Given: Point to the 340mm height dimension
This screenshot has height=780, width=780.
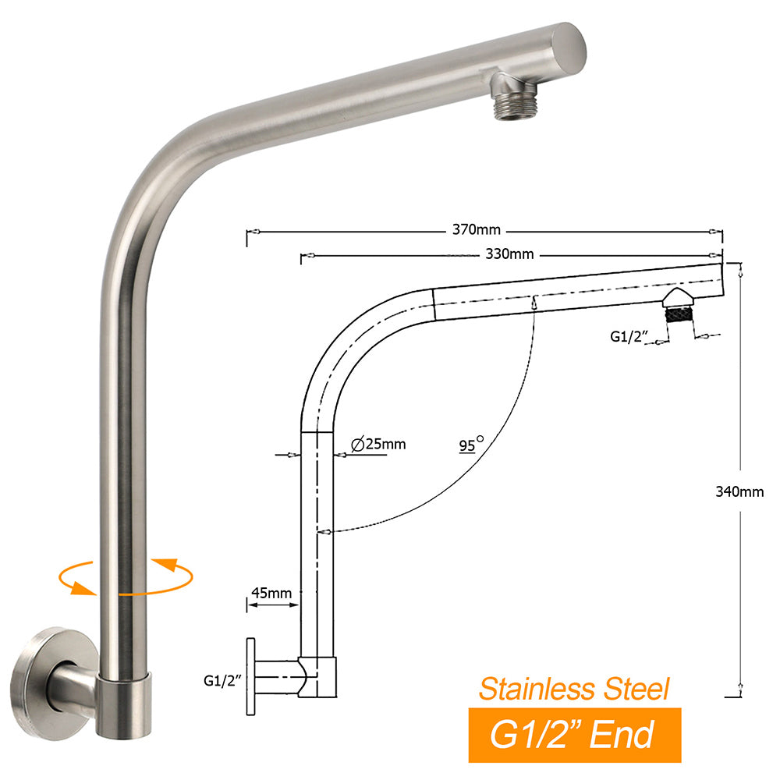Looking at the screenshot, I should [739, 491].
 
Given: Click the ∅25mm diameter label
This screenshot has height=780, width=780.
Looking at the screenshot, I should [379, 445].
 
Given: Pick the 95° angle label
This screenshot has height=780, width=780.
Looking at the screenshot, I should [470, 445].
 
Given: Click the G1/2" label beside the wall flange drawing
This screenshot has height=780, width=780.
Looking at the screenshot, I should [220, 680].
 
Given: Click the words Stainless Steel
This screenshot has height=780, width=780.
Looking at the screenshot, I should [573, 689].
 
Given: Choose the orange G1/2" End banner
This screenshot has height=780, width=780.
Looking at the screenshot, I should [575, 735].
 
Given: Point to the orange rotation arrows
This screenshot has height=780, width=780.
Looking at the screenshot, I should [125, 577].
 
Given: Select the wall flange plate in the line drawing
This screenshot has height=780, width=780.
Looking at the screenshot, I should [251, 675].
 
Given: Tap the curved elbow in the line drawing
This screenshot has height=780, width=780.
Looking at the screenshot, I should [351, 343].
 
